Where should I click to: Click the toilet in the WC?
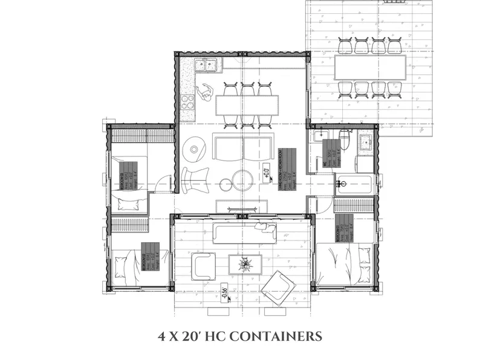[x=344, y=138]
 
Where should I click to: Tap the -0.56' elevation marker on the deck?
[x=224, y=292]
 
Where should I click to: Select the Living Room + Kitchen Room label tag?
[x=285, y=169]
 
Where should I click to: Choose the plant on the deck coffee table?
[x=245, y=264]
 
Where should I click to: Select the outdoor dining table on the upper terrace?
[x=369, y=68]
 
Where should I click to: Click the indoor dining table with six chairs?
[x=247, y=106]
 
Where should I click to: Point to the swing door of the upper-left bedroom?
[x=161, y=180]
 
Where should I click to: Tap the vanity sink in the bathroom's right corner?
[x=366, y=143]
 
